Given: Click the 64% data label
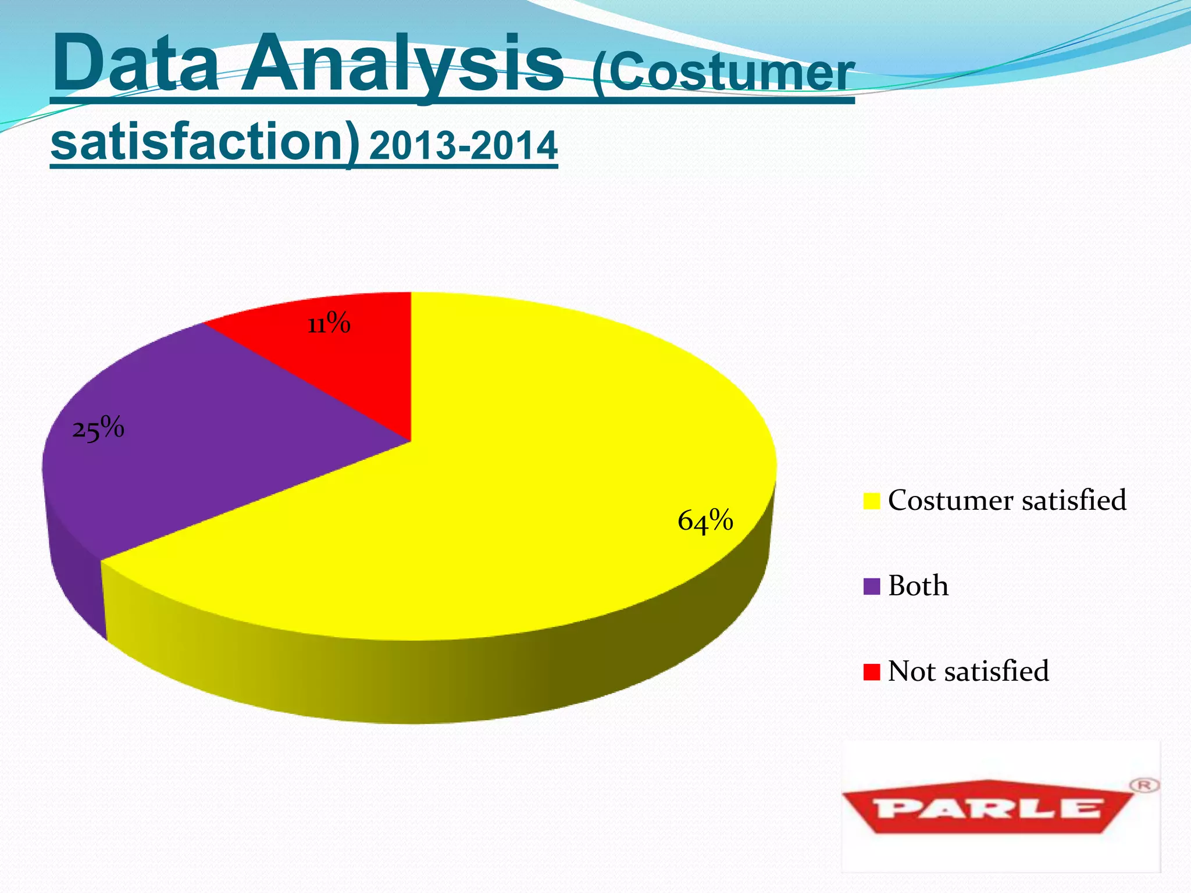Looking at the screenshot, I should [705, 520].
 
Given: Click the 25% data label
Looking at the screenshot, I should [98, 429].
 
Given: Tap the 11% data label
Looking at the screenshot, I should [329, 323].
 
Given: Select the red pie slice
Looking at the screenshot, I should [343, 366].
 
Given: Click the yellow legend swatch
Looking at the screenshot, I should [871, 501].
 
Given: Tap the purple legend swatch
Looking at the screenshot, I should [871, 586].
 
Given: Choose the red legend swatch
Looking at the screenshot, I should [871, 671].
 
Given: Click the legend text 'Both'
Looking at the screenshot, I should [918, 585].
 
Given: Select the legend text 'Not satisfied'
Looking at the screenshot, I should [968, 671].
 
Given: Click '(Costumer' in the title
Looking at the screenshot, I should [723, 73].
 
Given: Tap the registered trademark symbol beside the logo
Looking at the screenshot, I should [1144, 785].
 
